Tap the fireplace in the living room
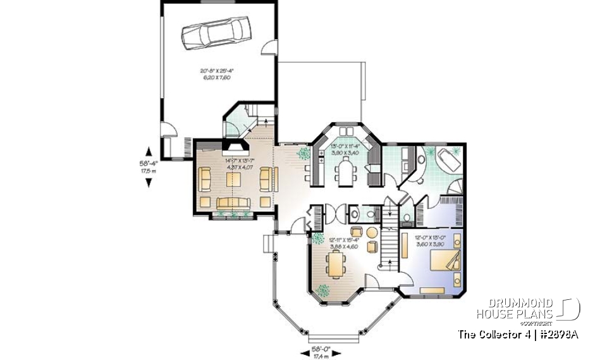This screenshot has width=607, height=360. (234, 149)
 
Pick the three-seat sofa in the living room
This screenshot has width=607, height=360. (234, 202)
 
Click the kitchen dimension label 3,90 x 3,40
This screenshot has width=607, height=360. (345, 152)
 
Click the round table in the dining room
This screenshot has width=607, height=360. (356, 231)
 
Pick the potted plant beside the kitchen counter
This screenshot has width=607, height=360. (303, 152)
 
